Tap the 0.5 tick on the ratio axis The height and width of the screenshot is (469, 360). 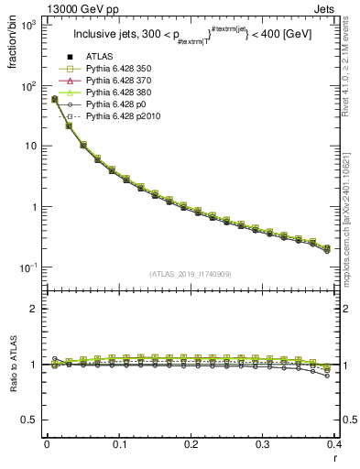(31, 420)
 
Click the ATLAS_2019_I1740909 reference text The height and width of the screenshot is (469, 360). (190, 274)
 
